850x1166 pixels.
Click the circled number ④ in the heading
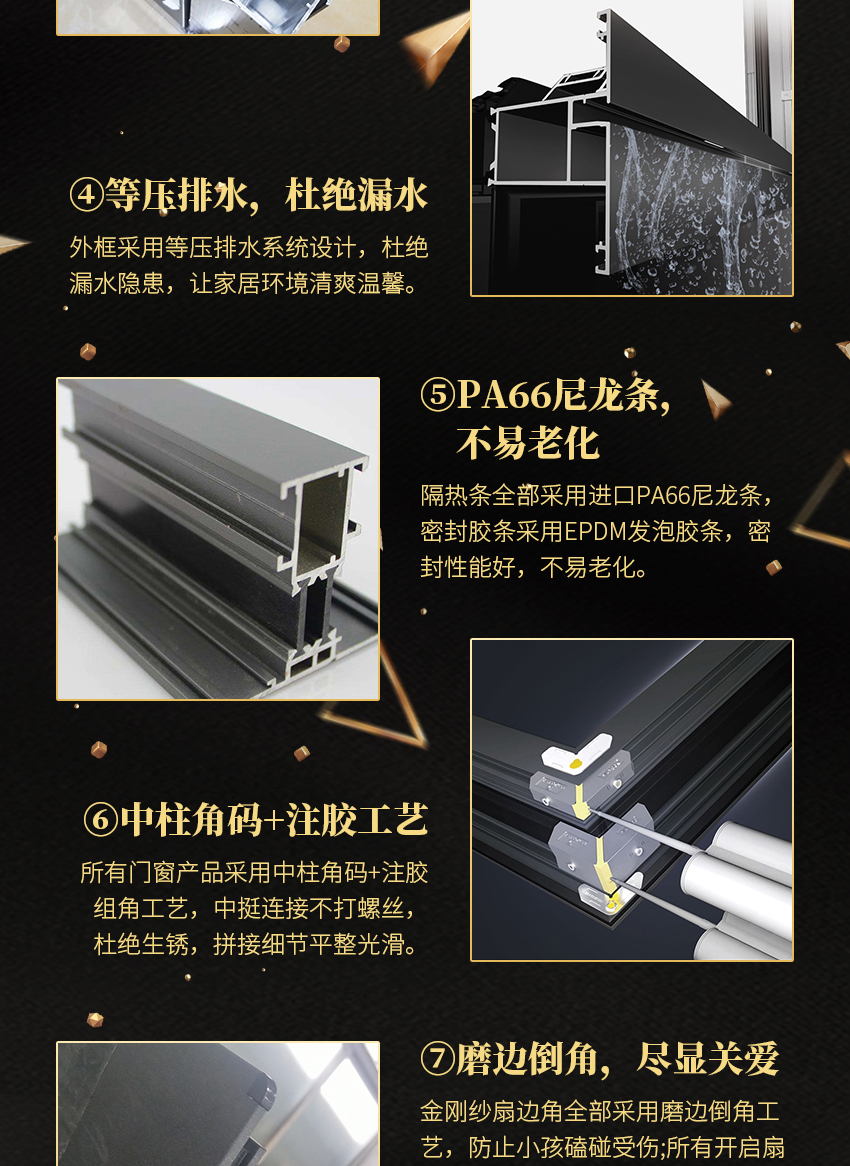point(87,195)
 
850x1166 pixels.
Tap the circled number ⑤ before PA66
point(438,394)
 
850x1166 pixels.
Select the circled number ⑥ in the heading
point(101,819)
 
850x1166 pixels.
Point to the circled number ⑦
point(437,1059)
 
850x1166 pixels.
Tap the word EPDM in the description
point(592,531)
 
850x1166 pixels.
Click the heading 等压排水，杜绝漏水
point(266,195)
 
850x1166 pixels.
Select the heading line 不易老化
point(528,443)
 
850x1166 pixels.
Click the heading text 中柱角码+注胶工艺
point(274,819)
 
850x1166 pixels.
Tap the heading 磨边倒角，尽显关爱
point(617,1059)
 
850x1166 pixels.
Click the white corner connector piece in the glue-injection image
point(576,754)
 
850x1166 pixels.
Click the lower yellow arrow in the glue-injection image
point(604,864)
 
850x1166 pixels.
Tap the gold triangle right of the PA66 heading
point(715,399)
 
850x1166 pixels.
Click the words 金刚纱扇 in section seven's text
point(468,1111)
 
